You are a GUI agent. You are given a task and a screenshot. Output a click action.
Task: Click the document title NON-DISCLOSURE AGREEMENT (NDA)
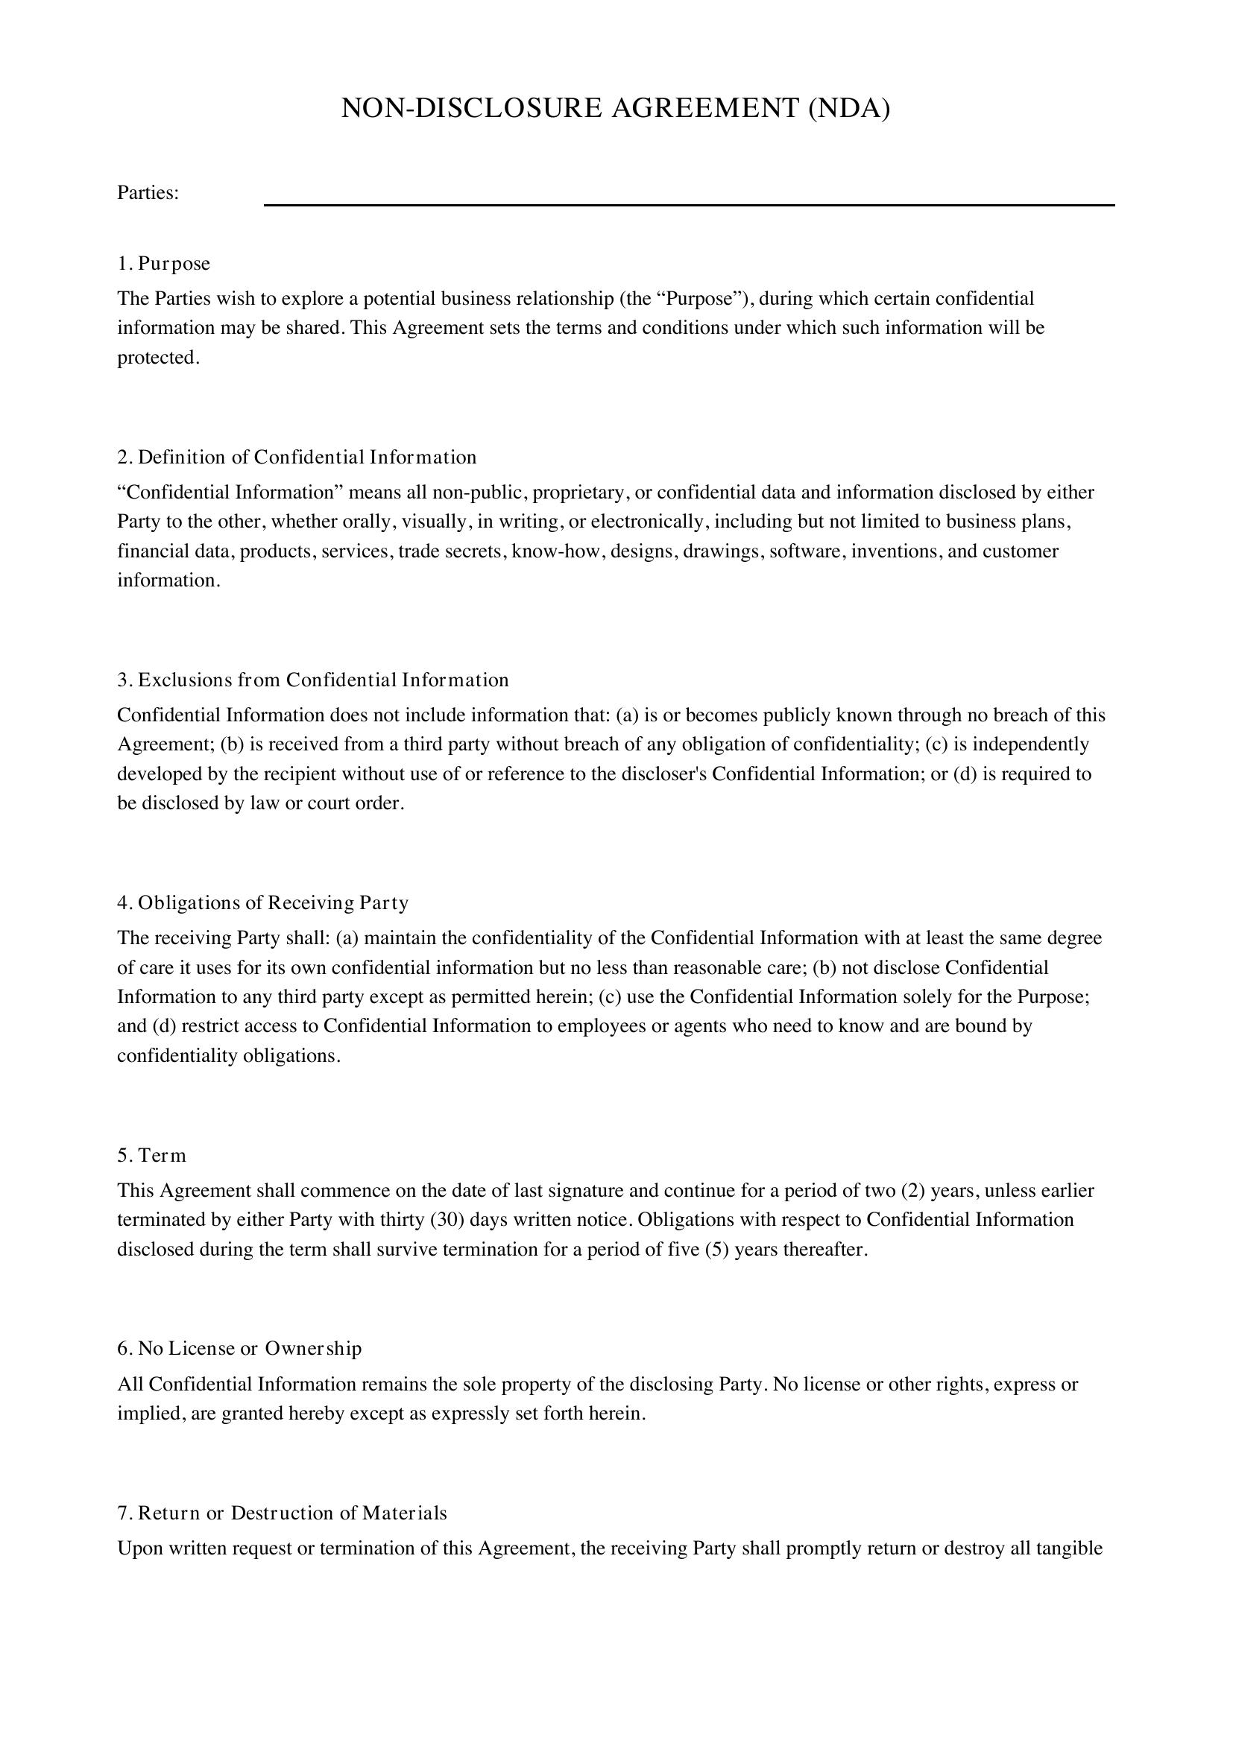coord(615,109)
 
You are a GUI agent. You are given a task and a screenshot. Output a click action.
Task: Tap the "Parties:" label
coord(148,193)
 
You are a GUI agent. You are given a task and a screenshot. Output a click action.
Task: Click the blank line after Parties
coord(689,203)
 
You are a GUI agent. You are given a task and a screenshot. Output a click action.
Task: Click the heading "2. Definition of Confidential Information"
coord(297,457)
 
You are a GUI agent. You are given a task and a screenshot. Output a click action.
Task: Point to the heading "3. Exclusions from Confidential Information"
coord(313,680)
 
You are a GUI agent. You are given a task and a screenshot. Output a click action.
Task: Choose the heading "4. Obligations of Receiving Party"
coord(262,902)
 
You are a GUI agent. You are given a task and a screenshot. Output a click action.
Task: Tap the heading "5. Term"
coord(151,1156)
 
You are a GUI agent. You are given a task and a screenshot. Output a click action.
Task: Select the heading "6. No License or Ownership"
coord(239,1348)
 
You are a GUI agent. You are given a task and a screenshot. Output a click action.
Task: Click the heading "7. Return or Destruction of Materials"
coord(282,1513)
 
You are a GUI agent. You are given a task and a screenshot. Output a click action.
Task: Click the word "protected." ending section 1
coord(159,358)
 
